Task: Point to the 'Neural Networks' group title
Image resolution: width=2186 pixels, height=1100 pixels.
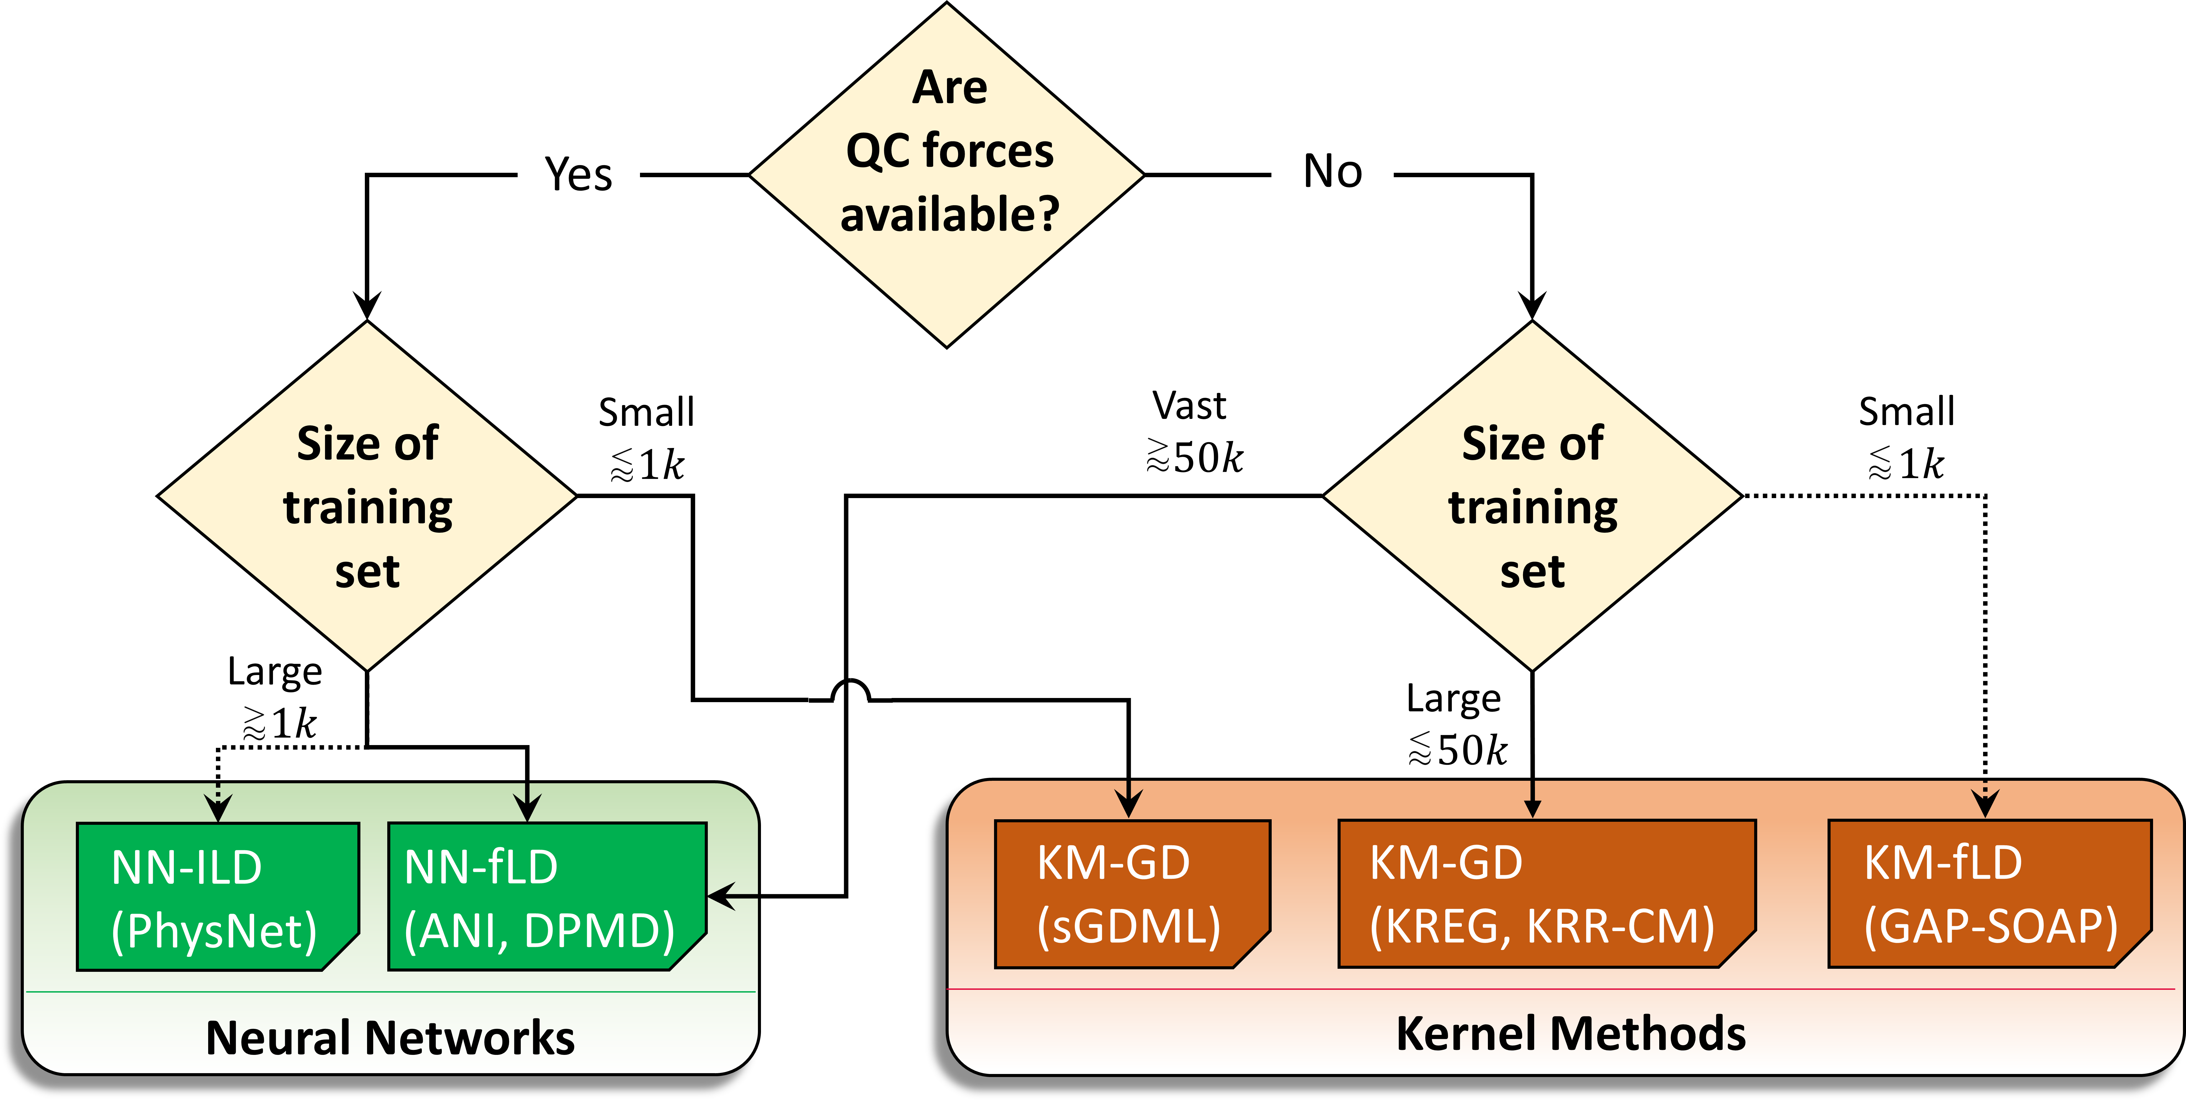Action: [x=390, y=1037]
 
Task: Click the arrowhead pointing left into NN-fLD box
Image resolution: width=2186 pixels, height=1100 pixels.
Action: [x=721, y=895]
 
